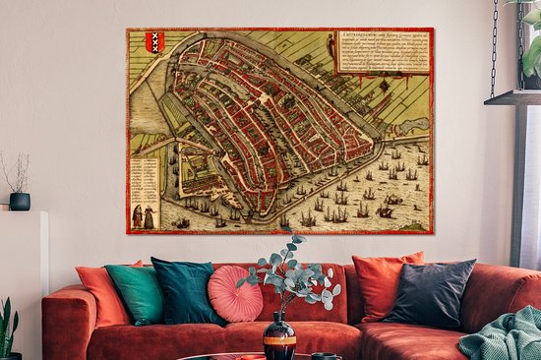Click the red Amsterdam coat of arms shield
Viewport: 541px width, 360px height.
[x=154, y=42]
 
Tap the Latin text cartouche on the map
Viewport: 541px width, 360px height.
[x=384, y=50]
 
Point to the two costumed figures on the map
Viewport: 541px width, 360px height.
[x=143, y=216]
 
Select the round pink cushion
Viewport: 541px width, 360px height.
[x=234, y=292]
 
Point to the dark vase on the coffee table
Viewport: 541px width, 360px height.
[x=279, y=337]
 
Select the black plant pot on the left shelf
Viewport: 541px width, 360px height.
[x=20, y=201]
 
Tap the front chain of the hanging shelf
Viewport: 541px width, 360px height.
[x=494, y=49]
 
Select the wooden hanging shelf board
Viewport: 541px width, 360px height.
[x=511, y=97]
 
